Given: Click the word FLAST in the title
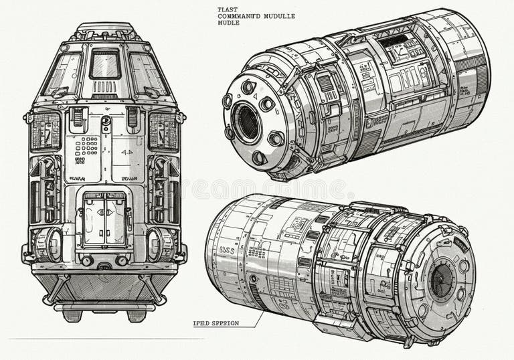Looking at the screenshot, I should point(227,9).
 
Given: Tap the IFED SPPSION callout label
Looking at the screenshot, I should point(224,324).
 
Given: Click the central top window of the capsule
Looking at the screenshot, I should point(105,64).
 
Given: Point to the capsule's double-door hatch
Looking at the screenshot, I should point(104,219).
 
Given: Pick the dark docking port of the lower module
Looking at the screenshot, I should point(441,280).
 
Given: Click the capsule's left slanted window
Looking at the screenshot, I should point(62,73).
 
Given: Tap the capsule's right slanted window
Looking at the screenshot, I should point(147,73).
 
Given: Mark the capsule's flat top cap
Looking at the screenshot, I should point(105,30).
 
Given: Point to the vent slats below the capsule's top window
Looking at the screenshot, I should point(104,87).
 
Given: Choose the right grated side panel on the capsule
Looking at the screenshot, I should point(163,130).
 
